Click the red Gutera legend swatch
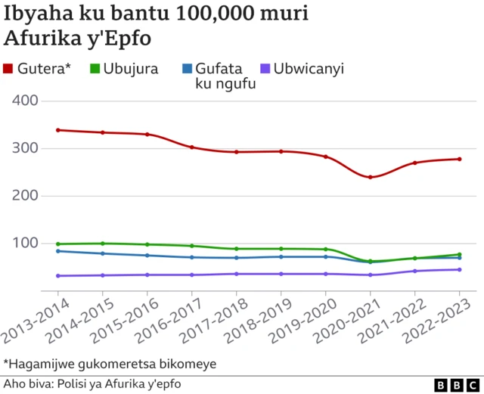point(9,70)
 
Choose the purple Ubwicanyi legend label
point(309,69)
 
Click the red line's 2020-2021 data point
point(371,177)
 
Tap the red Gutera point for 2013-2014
point(58,130)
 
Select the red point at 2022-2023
point(460,159)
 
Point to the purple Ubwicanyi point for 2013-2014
point(58,276)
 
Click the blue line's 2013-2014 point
point(58,251)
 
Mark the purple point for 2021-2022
point(415,271)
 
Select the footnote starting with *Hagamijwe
point(110,364)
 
